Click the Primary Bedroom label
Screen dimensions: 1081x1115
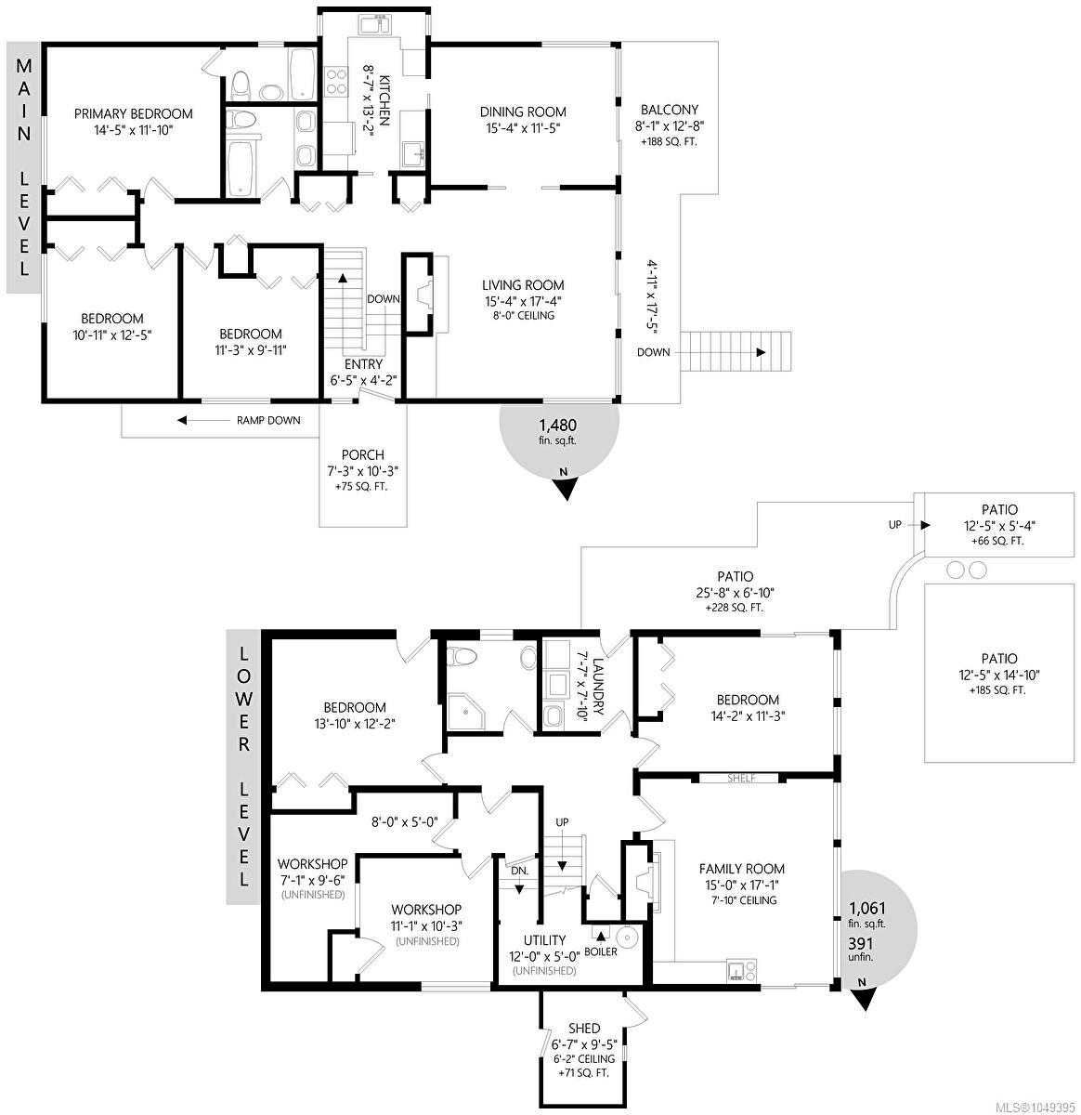pos(134,113)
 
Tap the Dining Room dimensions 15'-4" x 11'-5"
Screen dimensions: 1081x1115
pos(523,128)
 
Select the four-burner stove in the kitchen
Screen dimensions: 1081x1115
pos(336,80)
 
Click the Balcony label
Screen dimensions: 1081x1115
pos(670,110)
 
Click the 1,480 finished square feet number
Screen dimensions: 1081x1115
pos(557,426)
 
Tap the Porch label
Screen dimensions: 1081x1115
pos(362,455)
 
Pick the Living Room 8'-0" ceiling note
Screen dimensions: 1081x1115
pos(523,316)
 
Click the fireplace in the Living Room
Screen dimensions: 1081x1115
pos(424,296)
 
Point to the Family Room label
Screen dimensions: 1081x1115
pos(741,869)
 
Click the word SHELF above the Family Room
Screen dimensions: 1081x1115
pos(741,778)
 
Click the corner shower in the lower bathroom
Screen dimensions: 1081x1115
pos(466,712)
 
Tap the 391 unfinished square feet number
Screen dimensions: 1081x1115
pos(861,943)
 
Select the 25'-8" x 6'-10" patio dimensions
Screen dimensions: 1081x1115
pos(736,593)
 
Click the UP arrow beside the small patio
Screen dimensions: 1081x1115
pos(920,525)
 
